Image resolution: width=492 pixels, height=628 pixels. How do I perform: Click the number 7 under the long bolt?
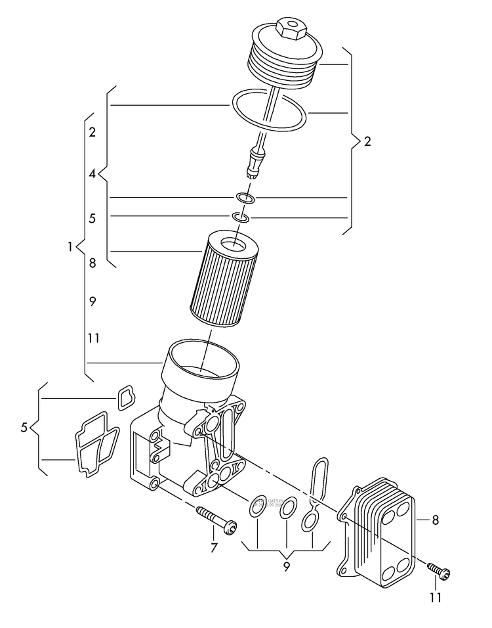point(213,548)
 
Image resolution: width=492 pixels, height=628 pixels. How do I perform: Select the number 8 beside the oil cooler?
point(435,520)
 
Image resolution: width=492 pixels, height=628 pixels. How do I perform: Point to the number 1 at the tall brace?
point(70,247)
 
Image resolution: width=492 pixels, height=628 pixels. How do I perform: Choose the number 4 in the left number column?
point(92,174)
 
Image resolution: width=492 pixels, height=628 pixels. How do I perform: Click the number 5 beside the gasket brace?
point(24,428)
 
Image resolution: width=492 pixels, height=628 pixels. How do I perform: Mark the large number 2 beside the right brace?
point(367,142)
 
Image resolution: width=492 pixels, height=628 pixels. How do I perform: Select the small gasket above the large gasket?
point(125,398)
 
